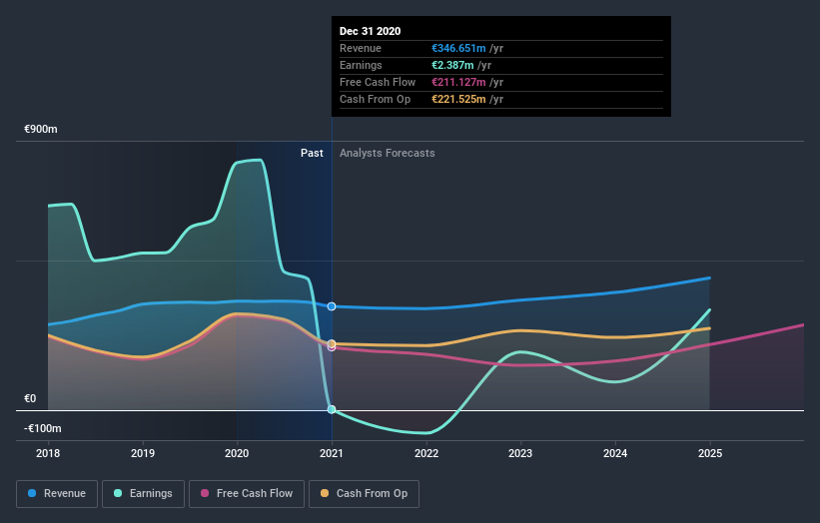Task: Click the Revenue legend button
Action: coord(58,493)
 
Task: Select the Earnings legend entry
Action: coord(144,493)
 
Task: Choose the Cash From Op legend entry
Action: coord(365,493)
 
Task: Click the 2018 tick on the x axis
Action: coord(48,452)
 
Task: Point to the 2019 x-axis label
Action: coord(143,452)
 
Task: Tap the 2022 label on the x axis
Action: coord(426,452)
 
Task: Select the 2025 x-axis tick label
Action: coord(710,452)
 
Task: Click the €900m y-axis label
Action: coord(42,130)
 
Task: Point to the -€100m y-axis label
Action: coord(42,428)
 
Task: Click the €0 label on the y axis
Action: coord(30,399)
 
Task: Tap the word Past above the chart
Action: coord(312,153)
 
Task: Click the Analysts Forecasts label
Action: coord(387,153)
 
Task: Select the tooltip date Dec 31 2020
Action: coord(370,31)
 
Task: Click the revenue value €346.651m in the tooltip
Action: coord(457,48)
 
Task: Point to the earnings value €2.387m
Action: coord(451,65)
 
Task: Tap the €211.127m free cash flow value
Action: coord(457,82)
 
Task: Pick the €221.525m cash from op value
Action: coord(457,99)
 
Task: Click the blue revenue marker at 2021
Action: coord(332,306)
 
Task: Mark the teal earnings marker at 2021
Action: coord(332,409)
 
